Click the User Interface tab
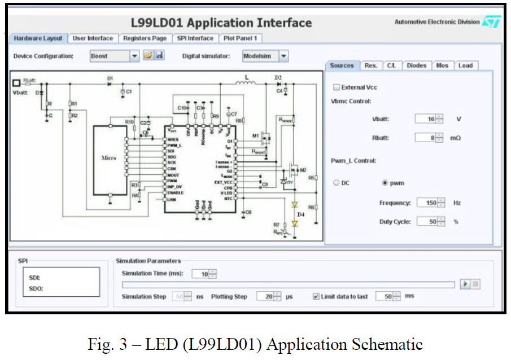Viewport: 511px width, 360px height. click(93, 38)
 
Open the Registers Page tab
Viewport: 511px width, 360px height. click(144, 38)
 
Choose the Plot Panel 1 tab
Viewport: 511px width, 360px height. click(240, 38)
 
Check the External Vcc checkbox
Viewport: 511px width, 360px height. click(337, 87)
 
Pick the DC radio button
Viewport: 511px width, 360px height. click(337, 183)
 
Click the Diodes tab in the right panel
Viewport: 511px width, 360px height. click(417, 66)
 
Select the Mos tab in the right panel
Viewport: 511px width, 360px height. click(442, 66)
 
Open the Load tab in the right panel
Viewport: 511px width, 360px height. click(465, 66)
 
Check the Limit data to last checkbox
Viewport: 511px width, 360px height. click(316, 297)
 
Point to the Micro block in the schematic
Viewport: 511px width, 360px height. click(108, 159)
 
